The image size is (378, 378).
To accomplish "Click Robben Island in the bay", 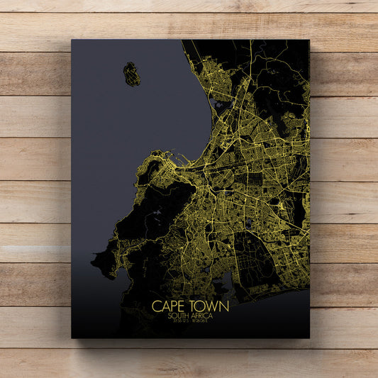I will (x=131, y=74).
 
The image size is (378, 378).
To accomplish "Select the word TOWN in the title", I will (x=209, y=306).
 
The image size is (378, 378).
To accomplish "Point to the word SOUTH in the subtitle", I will (x=180, y=316).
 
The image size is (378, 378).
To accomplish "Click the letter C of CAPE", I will (x=155, y=306).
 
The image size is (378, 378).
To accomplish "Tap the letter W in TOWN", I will (x=211, y=306).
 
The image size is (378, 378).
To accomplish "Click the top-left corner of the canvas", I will (x=72, y=40).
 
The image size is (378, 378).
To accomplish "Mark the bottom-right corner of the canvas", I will (x=309, y=338).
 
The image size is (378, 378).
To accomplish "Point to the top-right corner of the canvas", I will (x=309, y=40).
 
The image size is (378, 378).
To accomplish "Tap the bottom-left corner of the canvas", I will (x=72, y=338).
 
